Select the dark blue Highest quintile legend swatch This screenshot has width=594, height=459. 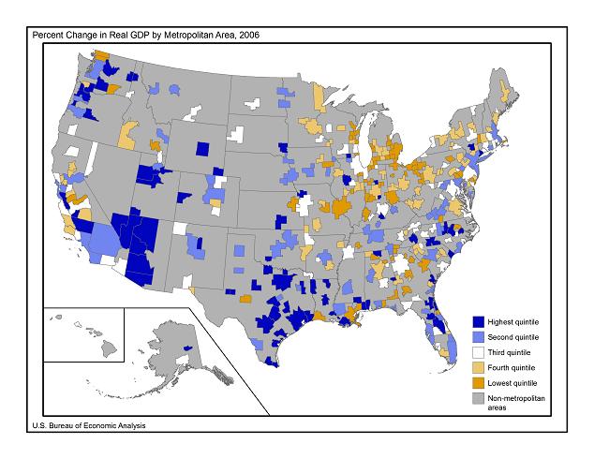click(x=478, y=321)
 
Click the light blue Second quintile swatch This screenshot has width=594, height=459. click(x=478, y=336)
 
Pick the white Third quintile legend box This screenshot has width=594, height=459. click(x=478, y=352)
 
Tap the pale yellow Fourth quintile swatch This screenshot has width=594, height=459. click(x=478, y=367)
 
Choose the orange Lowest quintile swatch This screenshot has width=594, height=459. click(x=478, y=383)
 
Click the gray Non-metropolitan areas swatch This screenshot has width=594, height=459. click(x=478, y=399)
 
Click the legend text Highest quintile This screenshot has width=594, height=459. click(x=514, y=321)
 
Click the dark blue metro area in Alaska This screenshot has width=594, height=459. click(x=186, y=347)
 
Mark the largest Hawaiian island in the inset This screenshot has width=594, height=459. click(x=110, y=348)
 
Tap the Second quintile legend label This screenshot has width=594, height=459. click(x=514, y=336)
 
